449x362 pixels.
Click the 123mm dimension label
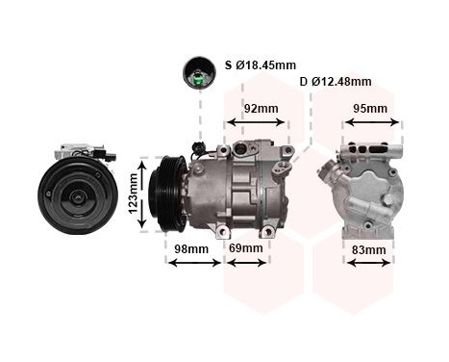[x=133, y=195]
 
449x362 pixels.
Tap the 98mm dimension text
[x=190, y=248]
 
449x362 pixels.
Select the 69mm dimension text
[x=245, y=248]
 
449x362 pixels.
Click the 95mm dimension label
[x=370, y=109]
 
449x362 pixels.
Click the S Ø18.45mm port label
[x=262, y=65]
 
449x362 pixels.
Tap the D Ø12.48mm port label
[x=336, y=82]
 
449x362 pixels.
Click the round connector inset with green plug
[x=200, y=71]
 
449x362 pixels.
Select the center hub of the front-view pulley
[x=77, y=195]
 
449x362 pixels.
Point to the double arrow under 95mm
[x=370, y=122]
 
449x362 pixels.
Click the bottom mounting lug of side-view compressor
[x=223, y=231]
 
